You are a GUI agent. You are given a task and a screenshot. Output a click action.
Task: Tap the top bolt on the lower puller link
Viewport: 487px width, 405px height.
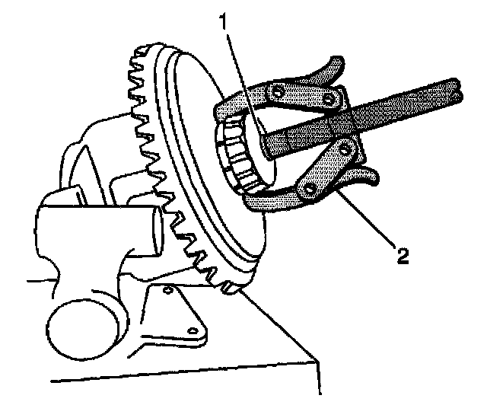tap(347, 147)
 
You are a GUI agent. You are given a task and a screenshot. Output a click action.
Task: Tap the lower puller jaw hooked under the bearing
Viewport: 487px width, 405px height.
tap(263, 199)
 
